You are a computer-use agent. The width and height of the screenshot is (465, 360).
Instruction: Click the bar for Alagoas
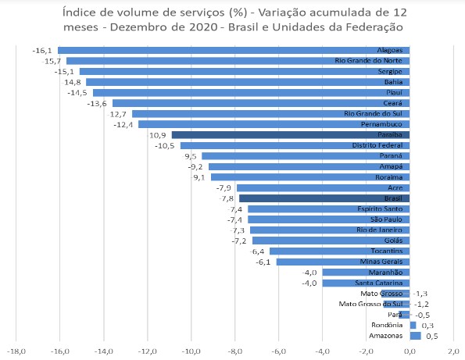(x=234, y=50)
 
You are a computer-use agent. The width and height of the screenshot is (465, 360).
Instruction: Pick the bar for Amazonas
(x=415, y=336)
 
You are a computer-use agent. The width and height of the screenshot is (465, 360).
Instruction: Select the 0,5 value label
(x=429, y=336)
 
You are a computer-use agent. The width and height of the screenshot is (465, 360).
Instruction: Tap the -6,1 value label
(x=263, y=262)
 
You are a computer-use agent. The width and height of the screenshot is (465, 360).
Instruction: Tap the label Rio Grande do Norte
(x=368, y=61)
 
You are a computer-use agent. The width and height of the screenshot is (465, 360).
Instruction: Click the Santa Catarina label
(x=379, y=283)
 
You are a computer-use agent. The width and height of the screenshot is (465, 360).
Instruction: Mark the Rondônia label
(x=387, y=325)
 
